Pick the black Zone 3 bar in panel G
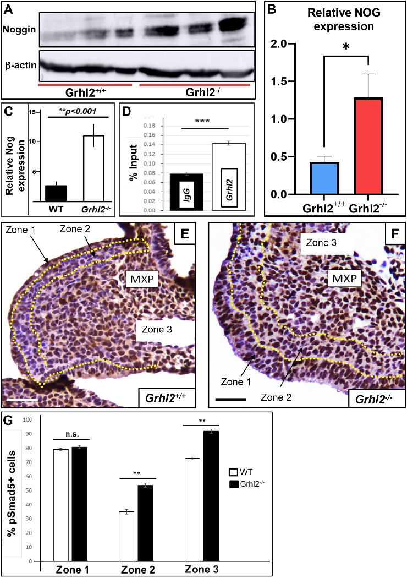click(211, 495)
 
